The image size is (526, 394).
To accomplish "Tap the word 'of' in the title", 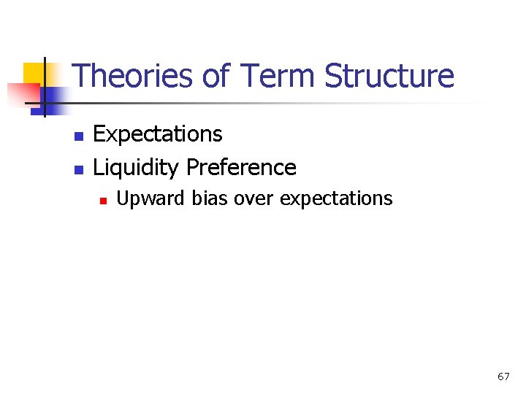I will click(217, 76).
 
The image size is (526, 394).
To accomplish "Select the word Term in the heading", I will click(278, 76).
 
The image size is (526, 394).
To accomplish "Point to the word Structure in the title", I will click(389, 76).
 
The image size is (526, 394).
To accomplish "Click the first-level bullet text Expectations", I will click(158, 134).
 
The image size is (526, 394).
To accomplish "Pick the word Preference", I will click(241, 168).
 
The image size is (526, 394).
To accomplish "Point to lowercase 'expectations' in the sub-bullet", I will click(336, 198).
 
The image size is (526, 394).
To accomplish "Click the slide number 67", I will click(503, 376).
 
